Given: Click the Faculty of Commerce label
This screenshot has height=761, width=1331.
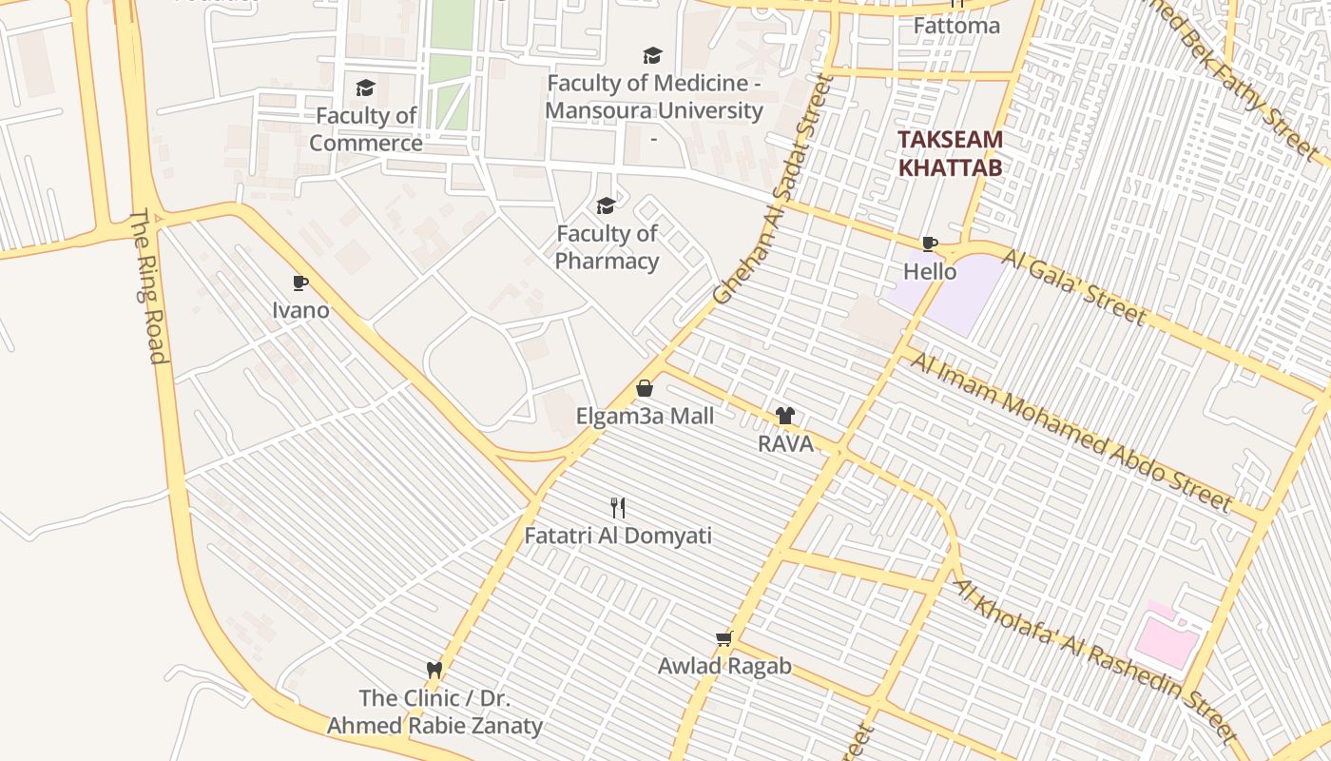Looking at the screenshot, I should point(366,129).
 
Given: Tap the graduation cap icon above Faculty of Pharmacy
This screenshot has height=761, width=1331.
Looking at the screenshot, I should point(606,205).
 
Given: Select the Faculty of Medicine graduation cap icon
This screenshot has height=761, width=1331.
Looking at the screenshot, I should point(652,56).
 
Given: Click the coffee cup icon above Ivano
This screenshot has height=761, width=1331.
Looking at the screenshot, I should point(300,283).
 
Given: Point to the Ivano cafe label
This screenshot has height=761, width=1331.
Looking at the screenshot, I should point(300,310).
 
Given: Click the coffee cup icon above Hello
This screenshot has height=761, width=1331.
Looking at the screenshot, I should point(930,244).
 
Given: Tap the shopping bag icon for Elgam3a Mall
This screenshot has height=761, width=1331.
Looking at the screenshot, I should point(645,388).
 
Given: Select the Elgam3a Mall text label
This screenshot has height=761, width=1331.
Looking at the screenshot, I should point(645,416).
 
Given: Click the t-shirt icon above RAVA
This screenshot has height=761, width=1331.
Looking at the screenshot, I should point(785,416).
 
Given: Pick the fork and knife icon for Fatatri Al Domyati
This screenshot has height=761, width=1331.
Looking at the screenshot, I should point(618,507).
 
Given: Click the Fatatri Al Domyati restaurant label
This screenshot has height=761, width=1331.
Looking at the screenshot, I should point(618,536).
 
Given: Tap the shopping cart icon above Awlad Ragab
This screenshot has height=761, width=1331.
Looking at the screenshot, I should point(724,638).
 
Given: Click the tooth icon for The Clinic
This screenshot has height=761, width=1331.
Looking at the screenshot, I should point(434,670).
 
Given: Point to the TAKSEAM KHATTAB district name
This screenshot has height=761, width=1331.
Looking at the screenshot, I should point(950,153).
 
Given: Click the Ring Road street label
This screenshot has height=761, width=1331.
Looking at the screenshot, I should point(148,285).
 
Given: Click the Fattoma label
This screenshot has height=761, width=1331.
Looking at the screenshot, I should point(956,26).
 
